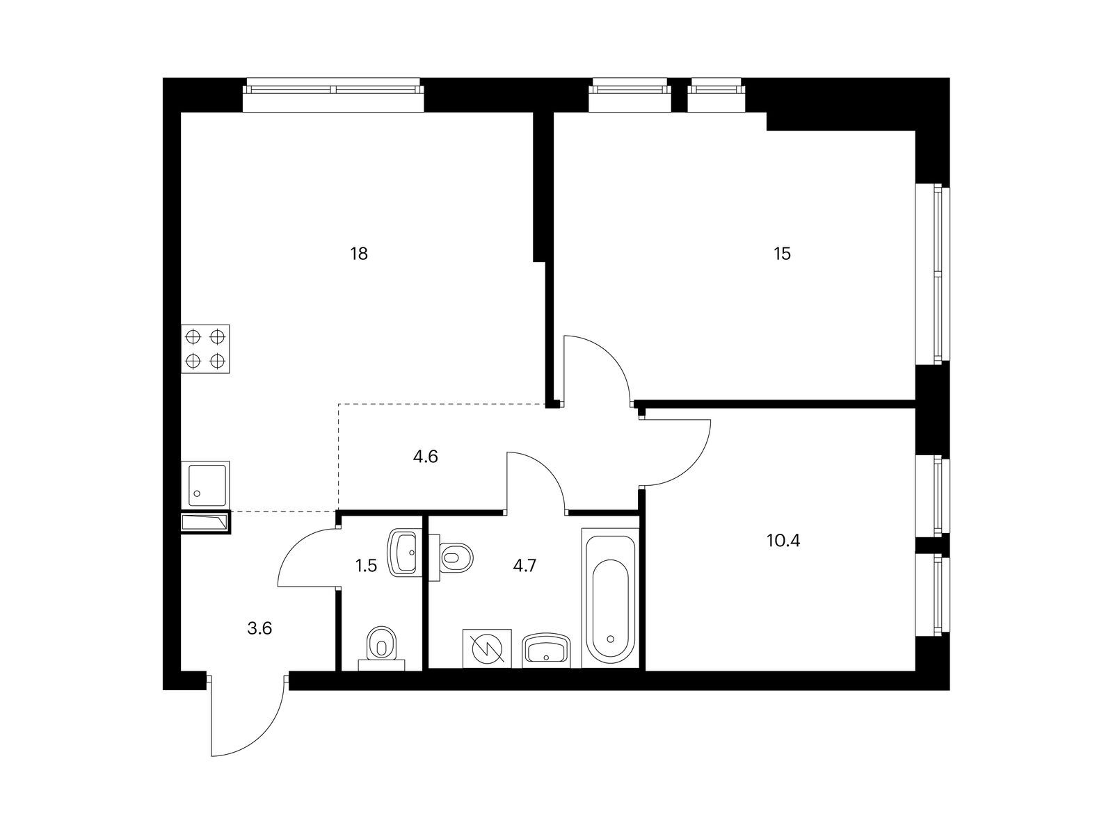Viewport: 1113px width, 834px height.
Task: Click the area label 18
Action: tap(359, 254)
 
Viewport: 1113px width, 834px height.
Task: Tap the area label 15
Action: tap(783, 254)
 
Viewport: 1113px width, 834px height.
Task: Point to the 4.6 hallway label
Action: tap(425, 457)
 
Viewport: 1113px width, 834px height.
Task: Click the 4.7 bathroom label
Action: tap(525, 564)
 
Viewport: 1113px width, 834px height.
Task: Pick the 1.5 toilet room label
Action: tap(366, 565)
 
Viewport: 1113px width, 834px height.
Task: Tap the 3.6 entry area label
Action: tap(259, 629)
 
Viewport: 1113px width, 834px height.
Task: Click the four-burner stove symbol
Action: tap(205, 349)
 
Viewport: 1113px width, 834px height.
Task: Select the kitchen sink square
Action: tap(205, 484)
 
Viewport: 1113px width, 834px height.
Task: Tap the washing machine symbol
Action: tap(487, 649)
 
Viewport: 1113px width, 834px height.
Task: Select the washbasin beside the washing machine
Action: tap(546, 650)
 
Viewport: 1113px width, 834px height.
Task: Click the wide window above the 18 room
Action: tap(334, 90)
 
